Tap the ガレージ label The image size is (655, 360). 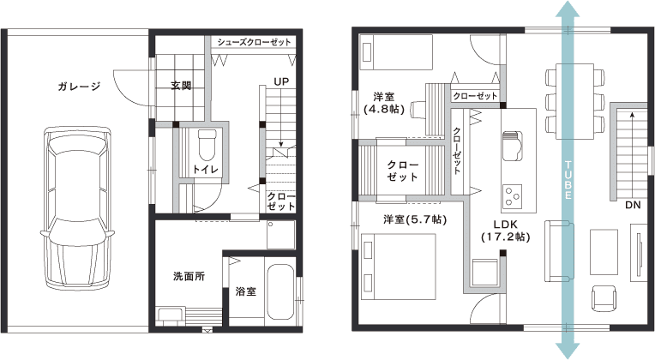80,87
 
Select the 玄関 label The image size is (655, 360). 181,86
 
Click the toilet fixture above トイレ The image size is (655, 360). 207,145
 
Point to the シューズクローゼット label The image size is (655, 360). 254,42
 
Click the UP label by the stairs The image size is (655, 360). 281,81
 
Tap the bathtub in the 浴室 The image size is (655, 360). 279,291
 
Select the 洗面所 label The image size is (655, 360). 189,276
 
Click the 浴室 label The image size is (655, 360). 245,291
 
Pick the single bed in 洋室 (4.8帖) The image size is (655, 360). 397,51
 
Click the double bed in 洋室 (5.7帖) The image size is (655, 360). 399,267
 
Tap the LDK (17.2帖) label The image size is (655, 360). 506,231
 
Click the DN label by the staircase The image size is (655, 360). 633,205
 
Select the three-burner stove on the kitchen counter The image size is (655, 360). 513,196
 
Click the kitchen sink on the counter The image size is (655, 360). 513,146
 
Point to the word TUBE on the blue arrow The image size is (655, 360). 568,180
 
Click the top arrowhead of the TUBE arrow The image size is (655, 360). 568,9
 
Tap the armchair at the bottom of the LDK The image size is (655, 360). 604,297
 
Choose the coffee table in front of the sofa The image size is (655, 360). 604,252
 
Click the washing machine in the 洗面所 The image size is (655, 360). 280,235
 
